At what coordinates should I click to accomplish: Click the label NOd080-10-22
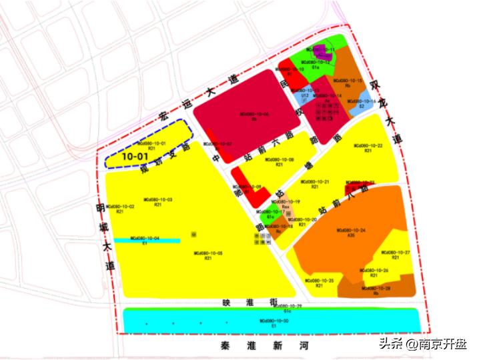[x=368, y=145]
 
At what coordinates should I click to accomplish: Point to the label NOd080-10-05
[x=209, y=253]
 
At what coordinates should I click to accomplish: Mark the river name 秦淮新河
[x=264, y=347]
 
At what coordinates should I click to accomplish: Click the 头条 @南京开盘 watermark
[x=423, y=344]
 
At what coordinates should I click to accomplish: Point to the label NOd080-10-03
[x=158, y=200]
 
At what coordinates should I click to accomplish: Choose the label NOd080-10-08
[x=279, y=160]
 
